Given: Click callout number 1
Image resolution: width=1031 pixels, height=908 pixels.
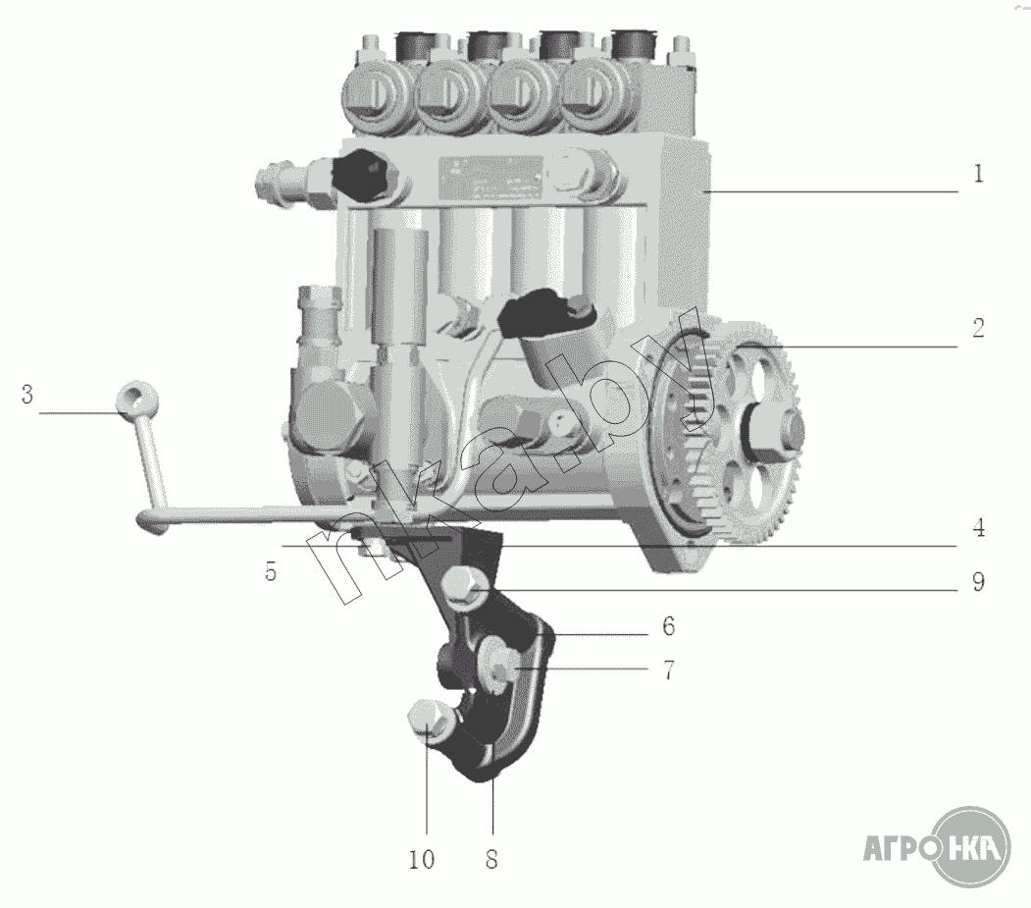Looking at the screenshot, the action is tap(978, 174).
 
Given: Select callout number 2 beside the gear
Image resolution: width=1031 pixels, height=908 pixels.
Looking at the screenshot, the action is tap(978, 328).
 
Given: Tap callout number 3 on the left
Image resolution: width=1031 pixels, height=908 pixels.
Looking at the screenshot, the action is tap(26, 395).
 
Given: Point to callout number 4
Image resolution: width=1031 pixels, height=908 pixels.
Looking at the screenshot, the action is tap(979, 528).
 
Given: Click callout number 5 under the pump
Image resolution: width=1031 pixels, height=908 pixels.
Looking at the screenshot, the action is tap(271, 571).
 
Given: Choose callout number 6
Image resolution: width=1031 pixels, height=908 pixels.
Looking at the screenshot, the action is tap(669, 626).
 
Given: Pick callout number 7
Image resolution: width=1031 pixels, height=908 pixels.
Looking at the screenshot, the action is tap(669, 670).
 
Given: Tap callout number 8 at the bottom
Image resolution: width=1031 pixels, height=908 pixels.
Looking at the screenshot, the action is tap(491, 859).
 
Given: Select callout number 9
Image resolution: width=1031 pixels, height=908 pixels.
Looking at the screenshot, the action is tap(978, 582).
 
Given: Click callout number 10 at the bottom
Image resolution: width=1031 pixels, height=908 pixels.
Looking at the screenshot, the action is tap(422, 859).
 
